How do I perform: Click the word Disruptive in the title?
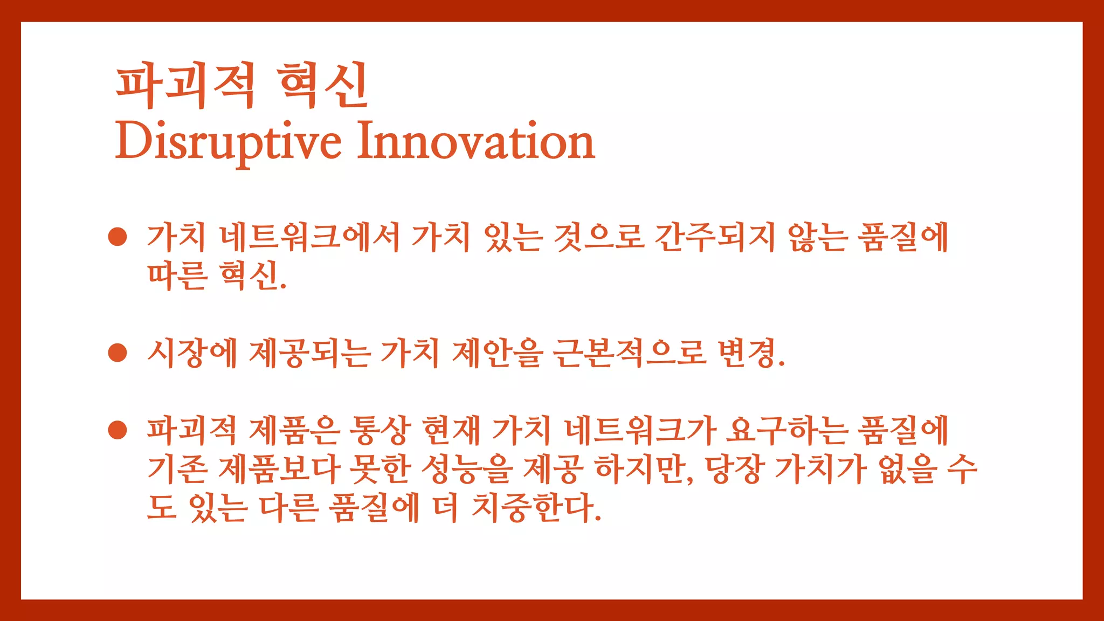point(228,141)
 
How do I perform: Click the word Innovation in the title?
point(475,141)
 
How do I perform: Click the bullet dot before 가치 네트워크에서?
point(118,237)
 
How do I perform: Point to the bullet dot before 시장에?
point(118,353)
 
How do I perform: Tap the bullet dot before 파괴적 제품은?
point(118,430)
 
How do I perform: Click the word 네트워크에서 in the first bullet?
point(309,237)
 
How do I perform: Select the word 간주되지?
point(715,237)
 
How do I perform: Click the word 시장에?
point(192,353)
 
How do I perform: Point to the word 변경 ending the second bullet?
point(747,353)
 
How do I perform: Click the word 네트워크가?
point(640,430)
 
